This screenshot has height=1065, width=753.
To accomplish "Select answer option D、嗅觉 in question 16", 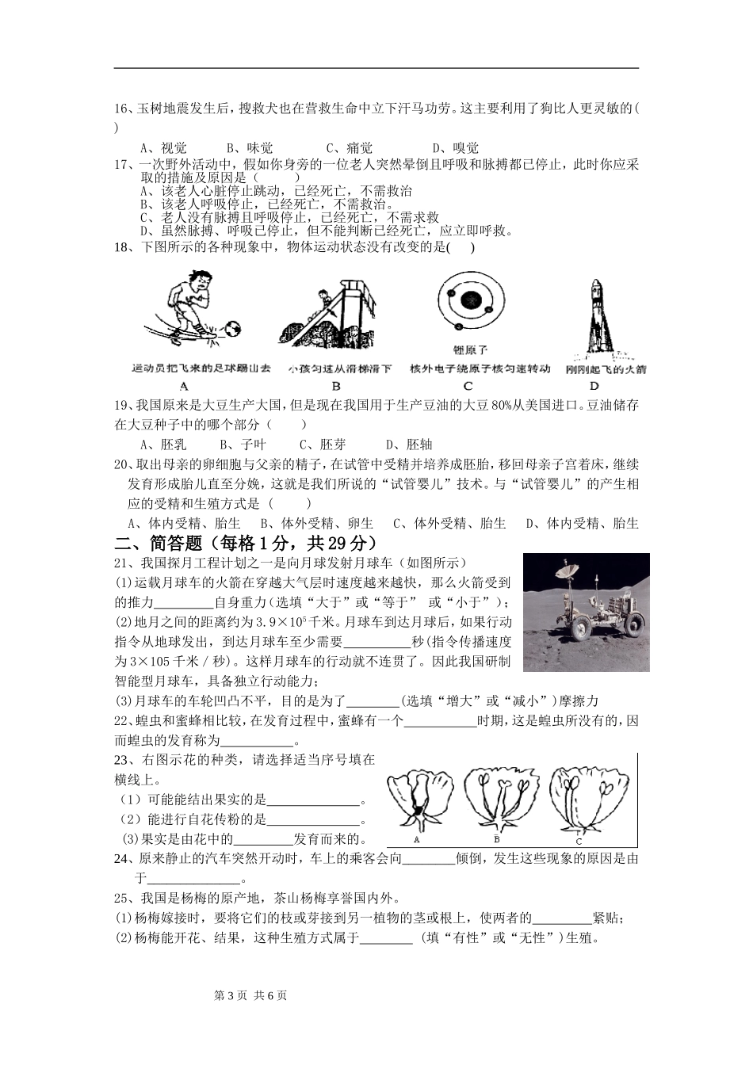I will (455, 147).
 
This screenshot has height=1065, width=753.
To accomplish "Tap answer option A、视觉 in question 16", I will (163, 147).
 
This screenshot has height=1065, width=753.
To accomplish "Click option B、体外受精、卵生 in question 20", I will (316, 523).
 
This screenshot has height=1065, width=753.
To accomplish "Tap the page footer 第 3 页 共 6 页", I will (250, 996).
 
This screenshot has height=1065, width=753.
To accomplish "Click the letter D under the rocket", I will (594, 387).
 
